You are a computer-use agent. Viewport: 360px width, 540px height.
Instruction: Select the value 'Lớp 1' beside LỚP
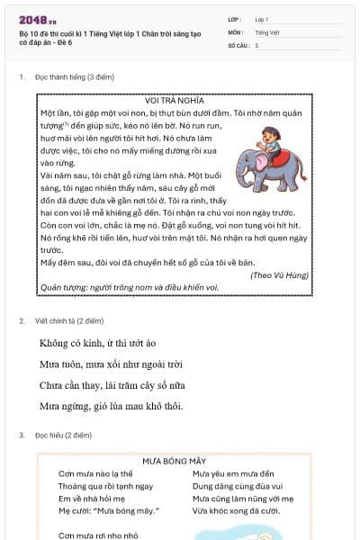coord(262,19)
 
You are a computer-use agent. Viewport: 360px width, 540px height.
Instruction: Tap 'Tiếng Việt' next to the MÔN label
coord(266,31)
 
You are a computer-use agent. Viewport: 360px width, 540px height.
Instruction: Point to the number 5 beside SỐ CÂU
coord(257,45)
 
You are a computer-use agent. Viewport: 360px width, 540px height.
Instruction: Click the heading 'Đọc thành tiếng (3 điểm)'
coord(71,77)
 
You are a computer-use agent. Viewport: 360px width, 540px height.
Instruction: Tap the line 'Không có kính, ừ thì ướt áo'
coord(98,343)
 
